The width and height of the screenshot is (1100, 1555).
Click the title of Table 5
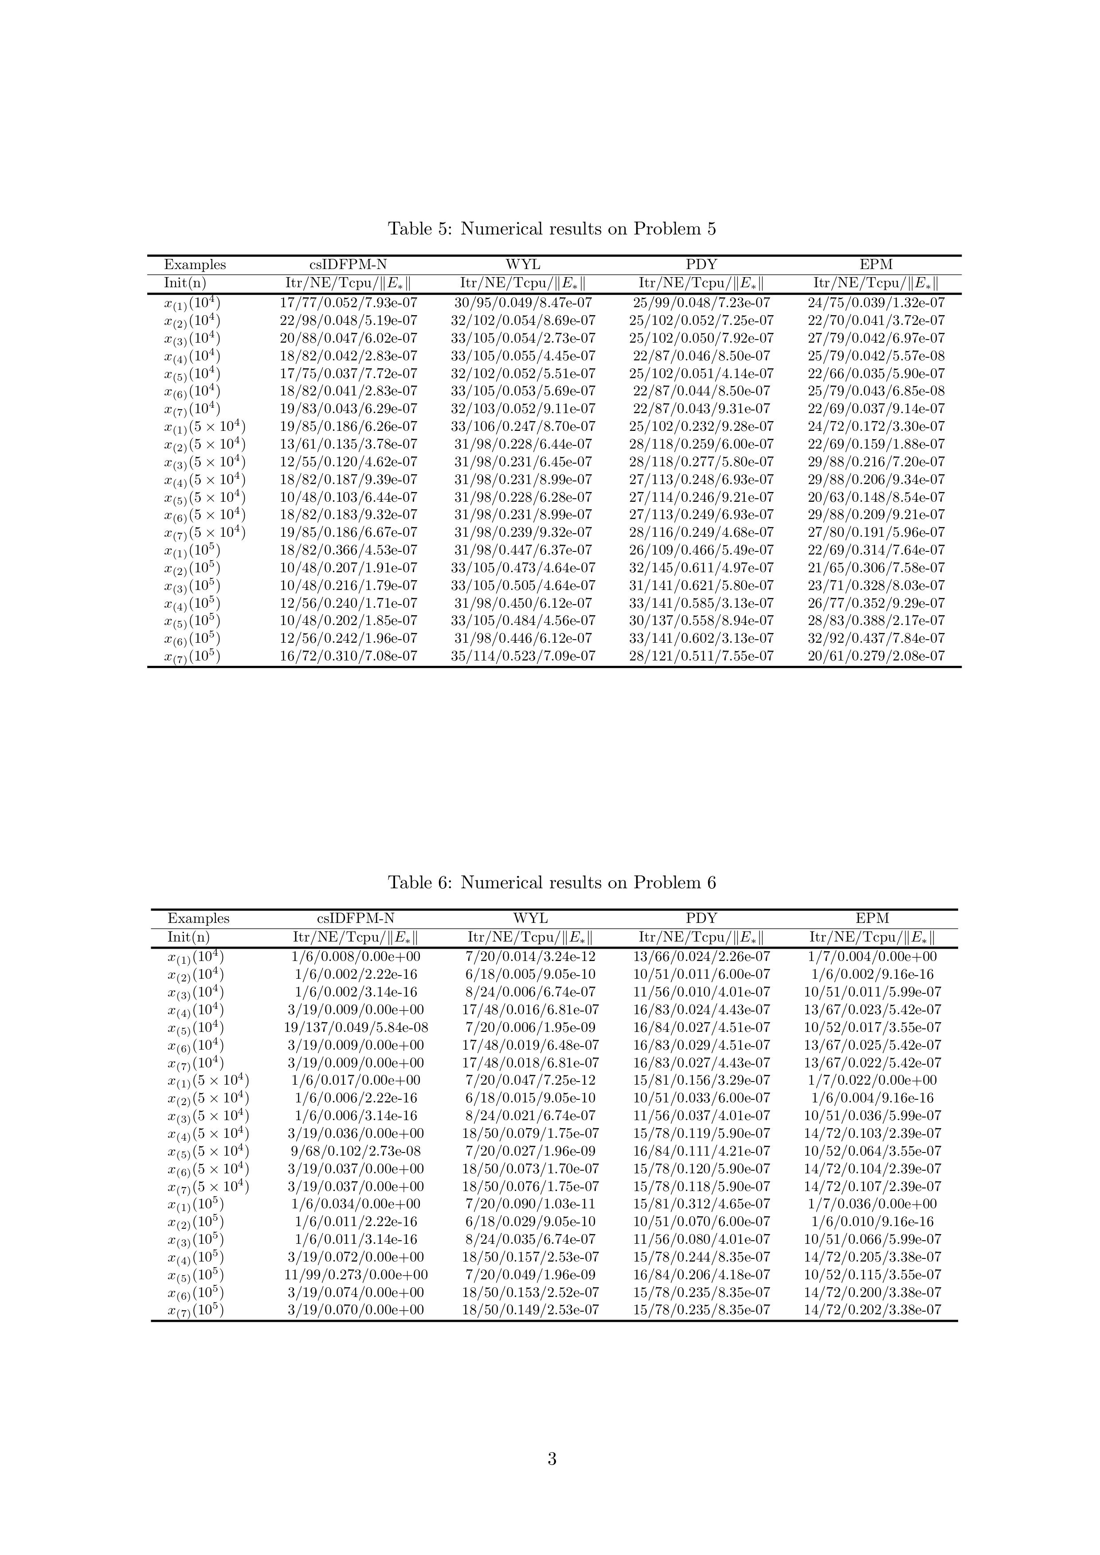click(552, 229)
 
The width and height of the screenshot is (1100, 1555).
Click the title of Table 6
click(552, 883)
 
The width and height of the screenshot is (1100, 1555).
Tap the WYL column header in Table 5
click(523, 265)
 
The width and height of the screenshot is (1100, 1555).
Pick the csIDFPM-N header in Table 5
click(348, 265)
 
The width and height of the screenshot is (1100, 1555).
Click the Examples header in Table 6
click(199, 918)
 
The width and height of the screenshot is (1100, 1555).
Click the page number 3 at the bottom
click(552, 1458)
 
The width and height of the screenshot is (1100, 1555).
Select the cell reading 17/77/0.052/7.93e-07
click(348, 303)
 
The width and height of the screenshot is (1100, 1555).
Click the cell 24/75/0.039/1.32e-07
click(876, 303)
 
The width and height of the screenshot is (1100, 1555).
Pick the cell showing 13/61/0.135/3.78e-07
click(348, 444)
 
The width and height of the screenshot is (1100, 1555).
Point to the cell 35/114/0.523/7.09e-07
click(523, 656)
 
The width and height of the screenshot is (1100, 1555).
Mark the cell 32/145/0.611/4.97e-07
click(701, 567)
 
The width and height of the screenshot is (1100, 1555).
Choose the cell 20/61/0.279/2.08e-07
click(876, 656)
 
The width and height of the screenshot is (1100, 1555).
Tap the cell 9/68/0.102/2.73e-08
click(356, 1151)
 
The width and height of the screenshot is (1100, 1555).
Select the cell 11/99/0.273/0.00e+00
click(356, 1274)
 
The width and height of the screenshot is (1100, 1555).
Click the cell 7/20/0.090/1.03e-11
click(530, 1203)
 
